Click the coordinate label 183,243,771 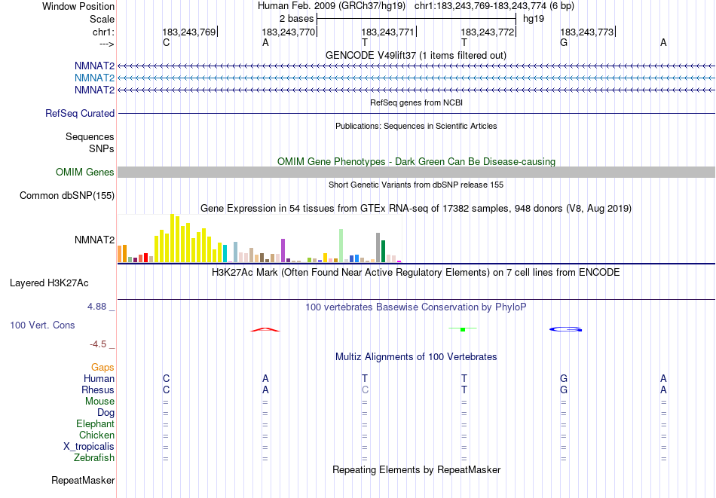[x=388, y=32]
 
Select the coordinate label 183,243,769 [x=189, y=32]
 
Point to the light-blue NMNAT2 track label [x=94, y=78]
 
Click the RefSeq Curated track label [x=80, y=113]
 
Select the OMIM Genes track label [x=84, y=172]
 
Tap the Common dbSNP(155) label [x=67, y=196]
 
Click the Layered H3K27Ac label [x=49, y=283]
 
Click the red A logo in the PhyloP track [x=265, y=329]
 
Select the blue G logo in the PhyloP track [x=565, y=329]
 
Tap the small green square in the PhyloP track [x=463, y=329]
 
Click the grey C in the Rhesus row [x=366, y=390]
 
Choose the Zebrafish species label [x=94, y=458]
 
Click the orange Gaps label [x=103, y=367]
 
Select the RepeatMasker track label [x=83, y=480]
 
